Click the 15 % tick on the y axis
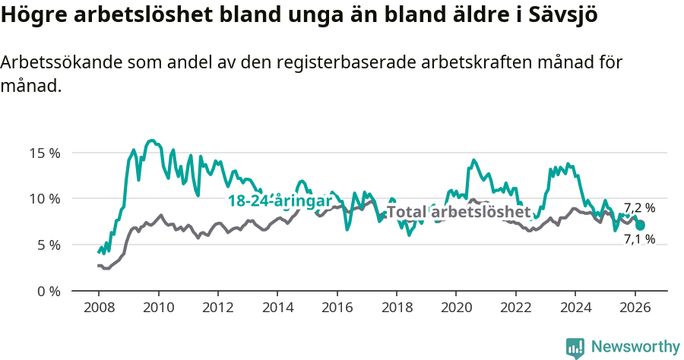(44, 153)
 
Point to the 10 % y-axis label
(44, 199)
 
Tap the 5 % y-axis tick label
(47, 245)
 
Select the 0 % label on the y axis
(47, 292)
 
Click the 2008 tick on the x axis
(99, 308)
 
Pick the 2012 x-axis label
(217, 308)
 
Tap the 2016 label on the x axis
(337, 308)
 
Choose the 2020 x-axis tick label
(455, 308)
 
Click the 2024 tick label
(575, 308)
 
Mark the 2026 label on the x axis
(634, 308)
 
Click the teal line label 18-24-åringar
(280, 201)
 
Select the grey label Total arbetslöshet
(458, 212)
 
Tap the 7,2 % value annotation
(639, 208)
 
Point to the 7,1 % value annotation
(639, 239)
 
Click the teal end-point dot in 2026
(640, 225)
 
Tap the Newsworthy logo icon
(575, 348)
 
